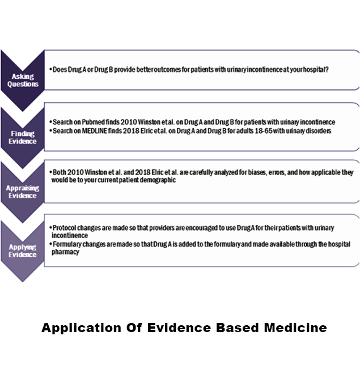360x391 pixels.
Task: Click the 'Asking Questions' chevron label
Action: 23,80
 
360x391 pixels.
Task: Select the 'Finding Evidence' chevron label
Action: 23,138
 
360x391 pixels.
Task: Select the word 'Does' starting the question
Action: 59,70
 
